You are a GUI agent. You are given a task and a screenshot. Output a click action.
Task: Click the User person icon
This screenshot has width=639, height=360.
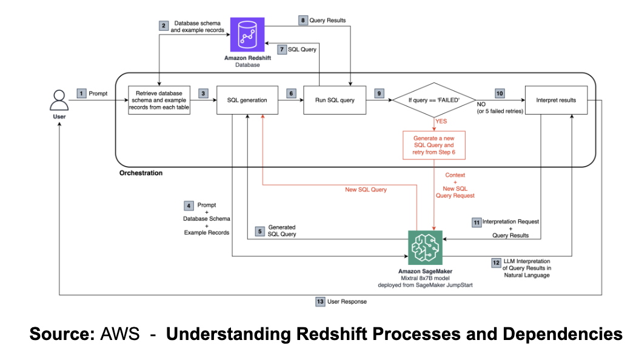point(59,98)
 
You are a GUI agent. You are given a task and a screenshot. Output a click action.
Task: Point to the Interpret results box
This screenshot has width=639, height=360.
point(555,100)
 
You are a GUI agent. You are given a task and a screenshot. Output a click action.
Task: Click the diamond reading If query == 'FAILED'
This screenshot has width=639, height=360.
point(434,99)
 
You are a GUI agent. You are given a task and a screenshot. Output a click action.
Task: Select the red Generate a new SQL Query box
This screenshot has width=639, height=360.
point(434,145)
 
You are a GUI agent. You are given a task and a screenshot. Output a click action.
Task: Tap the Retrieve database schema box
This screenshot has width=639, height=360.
point(159,100)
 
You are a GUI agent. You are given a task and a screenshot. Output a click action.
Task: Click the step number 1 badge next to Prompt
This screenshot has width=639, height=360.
point(82,93)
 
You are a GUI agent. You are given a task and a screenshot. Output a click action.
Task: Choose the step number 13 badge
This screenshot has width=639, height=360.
point(320,301)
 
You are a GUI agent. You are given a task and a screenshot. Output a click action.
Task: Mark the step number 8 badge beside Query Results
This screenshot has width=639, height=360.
point(304,20)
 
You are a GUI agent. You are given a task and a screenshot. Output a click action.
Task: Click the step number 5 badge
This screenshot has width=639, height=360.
point(260,231)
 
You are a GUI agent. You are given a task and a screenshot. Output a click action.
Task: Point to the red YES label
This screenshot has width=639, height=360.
point(441,121)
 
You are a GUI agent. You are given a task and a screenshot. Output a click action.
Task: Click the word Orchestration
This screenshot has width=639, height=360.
point(141,173)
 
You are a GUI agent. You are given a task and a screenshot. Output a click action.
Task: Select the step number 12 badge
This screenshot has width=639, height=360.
point(496,263)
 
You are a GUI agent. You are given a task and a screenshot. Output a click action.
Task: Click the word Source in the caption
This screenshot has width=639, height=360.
point(60,334)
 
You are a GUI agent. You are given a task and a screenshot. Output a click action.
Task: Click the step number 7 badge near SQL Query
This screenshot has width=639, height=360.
point(281,49)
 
